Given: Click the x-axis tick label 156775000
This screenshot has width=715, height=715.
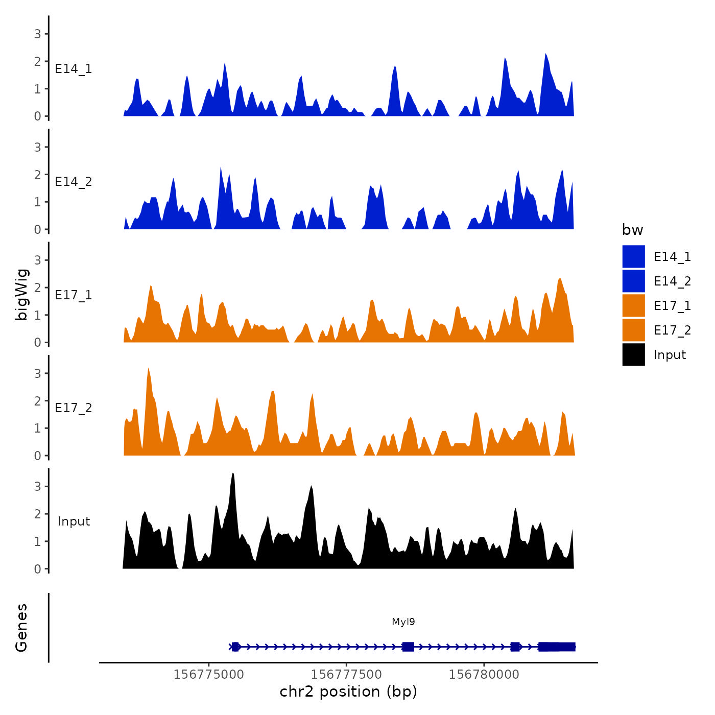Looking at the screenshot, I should tap(208, 675).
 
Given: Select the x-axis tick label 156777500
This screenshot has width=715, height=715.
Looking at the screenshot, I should tap(346, 675).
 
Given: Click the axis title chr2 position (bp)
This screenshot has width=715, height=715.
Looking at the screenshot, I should tap(348, 692).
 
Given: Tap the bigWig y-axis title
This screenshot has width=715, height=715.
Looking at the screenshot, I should tap(22, 295).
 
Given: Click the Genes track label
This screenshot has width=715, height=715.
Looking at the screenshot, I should tap(21, 628).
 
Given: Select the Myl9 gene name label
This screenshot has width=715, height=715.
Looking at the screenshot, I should tap(403, 622).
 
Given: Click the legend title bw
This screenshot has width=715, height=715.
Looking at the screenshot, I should tap(632, 230).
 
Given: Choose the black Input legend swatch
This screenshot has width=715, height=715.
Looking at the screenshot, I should tap(633, 354).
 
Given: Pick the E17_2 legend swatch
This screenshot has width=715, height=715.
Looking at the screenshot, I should tap(633, 330).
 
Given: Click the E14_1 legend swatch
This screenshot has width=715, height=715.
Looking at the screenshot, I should tap(633, 256).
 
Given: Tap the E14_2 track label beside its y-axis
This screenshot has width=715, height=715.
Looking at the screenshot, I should tap(74, 182).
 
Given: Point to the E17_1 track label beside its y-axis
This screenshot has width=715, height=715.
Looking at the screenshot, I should tap(74, 295).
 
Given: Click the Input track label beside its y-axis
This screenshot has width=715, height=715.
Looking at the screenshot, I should tap(74, 521).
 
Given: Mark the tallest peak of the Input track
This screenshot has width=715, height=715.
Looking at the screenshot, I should tap(233, 474).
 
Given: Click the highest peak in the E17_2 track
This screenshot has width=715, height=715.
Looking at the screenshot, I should tap(148, 369).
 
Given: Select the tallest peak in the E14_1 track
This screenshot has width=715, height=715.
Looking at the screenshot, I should tap(546, 54).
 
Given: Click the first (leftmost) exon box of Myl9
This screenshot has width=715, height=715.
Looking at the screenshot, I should tap(235, 647).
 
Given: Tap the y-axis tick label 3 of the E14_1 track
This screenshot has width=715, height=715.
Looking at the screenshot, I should tap(37, 34).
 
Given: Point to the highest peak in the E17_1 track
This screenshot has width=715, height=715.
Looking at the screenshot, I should tap(560, 279).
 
